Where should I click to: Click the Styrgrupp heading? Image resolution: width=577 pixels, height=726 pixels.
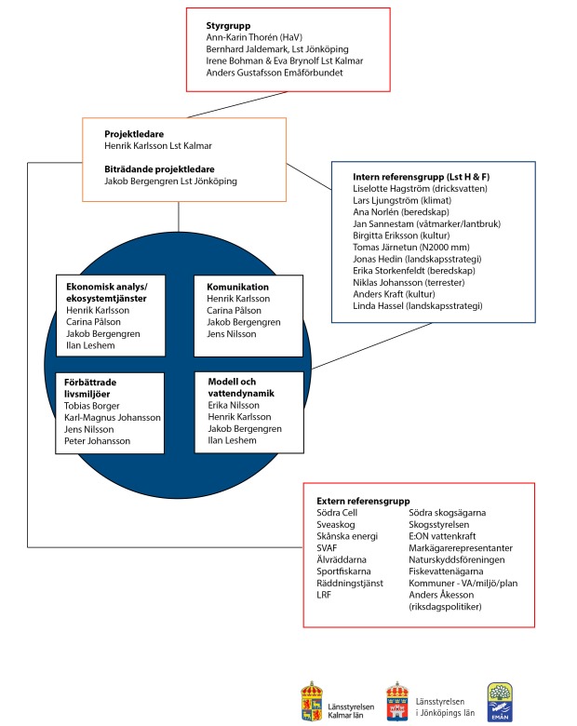pyautogui.click(x=228, y=26)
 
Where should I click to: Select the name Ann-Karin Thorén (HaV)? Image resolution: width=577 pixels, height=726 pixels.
pyautogui.click(x=254, y=37)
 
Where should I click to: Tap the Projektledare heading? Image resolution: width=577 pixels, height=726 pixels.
pyautogui.click(x=134, y=134)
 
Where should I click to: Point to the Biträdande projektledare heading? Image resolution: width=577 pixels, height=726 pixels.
pyautogui.click(x=159, y=169)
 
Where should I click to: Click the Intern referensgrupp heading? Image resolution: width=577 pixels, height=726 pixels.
pyautogui.click(x=421, y=177)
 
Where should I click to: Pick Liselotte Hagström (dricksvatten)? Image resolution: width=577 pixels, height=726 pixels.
pyautogui.click(x=420, y=189)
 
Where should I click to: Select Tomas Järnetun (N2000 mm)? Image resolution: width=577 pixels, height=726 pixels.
pyautogui.click(x=411, y=248)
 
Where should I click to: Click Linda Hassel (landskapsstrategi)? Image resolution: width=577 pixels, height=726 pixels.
pyautogui.click(x=418, y=306)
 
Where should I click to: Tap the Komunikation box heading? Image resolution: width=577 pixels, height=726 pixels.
pyautogui.click(x=237, y=287)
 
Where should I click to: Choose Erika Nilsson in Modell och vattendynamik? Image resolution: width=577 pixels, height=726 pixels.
pyautogui.click(x=234, y=405)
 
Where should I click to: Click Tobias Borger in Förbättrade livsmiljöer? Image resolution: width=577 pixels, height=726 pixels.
pyautogui.click(x=92, y=406)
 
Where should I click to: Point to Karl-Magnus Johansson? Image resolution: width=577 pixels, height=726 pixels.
pyautogui.click(x=113, y=418)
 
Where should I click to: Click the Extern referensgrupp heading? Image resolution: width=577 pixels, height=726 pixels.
pyautogui.click(x=363, y=501)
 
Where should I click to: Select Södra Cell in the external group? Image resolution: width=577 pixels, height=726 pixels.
pyautogui.click(x=337, y=513)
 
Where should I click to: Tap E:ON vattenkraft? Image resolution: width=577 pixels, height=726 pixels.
pyautogui.click(x=442, y=536)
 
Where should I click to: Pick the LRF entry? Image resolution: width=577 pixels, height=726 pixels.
pyautogui.click(x=324, y=595)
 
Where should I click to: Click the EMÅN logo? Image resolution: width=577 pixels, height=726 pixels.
pyautogui.click(x=500, y=702)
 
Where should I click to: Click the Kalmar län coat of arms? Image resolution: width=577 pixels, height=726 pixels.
pyautogui.click(x=312, y=701)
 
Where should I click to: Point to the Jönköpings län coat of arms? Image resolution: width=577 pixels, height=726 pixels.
pyautogui.click(x=397, y=701)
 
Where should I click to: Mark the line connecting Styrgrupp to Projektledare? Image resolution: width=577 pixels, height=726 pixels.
pyautogui.click(x=237, y=104)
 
